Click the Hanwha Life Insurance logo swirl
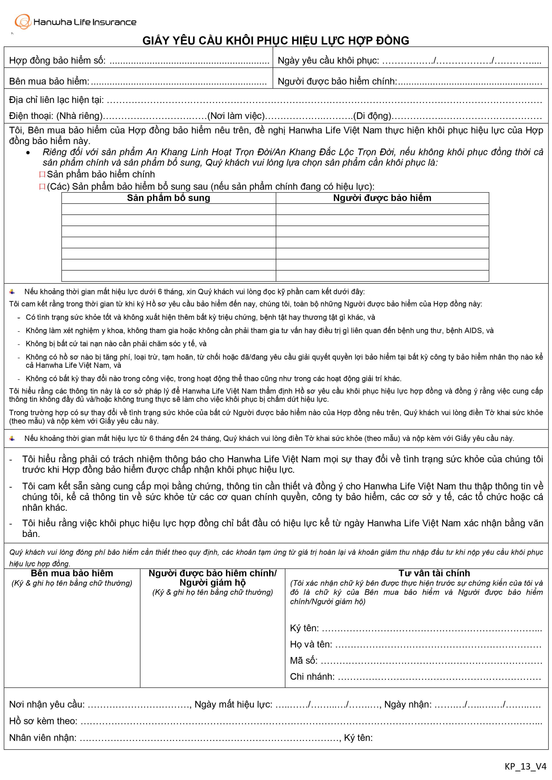coord(22,22)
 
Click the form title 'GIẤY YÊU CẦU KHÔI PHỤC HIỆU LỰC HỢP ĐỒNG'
coord(276,40)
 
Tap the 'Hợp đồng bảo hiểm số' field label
coord(57,60)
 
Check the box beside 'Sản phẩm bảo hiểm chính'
coord(42,175)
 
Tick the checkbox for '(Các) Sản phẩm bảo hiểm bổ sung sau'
coord(42,187)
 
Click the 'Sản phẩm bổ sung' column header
coord(169,198)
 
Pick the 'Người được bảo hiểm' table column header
coord(382,198)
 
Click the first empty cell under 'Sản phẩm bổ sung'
coord(169,209)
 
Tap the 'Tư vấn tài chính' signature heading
coord(434,573)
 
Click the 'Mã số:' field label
coord(304,660)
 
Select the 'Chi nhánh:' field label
coord(312,676)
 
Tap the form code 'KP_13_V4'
coord(525,766)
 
